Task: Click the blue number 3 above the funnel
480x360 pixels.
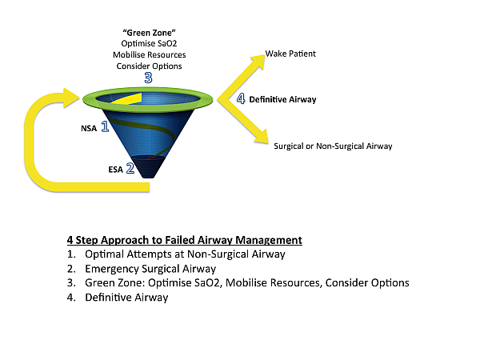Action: click(x=147, y=78)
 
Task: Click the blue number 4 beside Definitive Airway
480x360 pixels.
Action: click(x=239, y=99)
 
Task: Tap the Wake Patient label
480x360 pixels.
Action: click(x=290, y=54)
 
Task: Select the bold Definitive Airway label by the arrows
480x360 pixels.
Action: click(x=282, y=100)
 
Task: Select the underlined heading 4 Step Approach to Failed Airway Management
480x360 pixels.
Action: click(x=185, y=240)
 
